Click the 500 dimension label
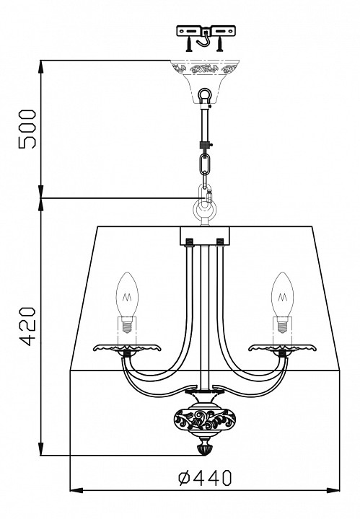pos(27,129)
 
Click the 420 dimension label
pos(27,327)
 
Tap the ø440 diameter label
pos(205,478)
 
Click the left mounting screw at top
pos(189,44)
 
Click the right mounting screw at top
pos(219,44)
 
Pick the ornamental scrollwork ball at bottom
pos(204,420)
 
